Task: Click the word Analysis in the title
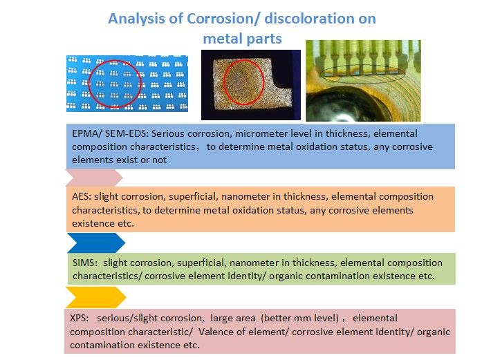click(136, 19)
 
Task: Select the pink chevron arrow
click(94, 178)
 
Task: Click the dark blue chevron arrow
click(96, 243)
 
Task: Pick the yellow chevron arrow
click(96, 297)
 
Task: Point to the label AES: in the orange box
click(82, 196)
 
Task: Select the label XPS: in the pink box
click(79, 318)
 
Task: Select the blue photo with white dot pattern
click(127, 83)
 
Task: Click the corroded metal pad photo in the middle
click(251, 85)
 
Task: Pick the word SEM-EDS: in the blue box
click(127, 133)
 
